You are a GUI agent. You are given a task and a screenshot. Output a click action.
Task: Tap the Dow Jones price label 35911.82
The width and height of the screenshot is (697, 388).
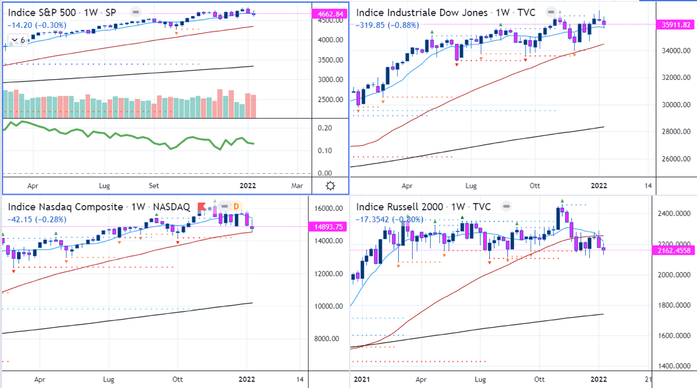coord(676,24)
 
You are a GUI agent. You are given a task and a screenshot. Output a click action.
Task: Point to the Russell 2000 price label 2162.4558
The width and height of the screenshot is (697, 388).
coord(676,250)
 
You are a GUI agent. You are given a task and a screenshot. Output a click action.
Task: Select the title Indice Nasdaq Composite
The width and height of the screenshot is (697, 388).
coord(65,207)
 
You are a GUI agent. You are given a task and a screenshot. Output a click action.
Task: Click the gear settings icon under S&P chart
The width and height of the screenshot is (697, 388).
coord(330,186)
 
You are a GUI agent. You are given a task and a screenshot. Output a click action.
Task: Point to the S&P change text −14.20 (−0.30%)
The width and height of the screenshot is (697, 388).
coord(37,25)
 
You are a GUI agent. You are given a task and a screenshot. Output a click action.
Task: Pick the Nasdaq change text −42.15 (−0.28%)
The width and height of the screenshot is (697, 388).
coord(37,219)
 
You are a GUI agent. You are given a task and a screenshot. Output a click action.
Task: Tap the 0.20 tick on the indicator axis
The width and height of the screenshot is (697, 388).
coord(325,128)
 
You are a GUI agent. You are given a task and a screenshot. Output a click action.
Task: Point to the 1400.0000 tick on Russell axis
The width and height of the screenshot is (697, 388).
coord(675,366)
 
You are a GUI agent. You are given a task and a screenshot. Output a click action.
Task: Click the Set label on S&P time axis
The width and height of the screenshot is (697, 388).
coord(154,186)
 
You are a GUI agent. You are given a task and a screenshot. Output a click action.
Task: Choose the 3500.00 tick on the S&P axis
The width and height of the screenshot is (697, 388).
coord(328,60)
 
